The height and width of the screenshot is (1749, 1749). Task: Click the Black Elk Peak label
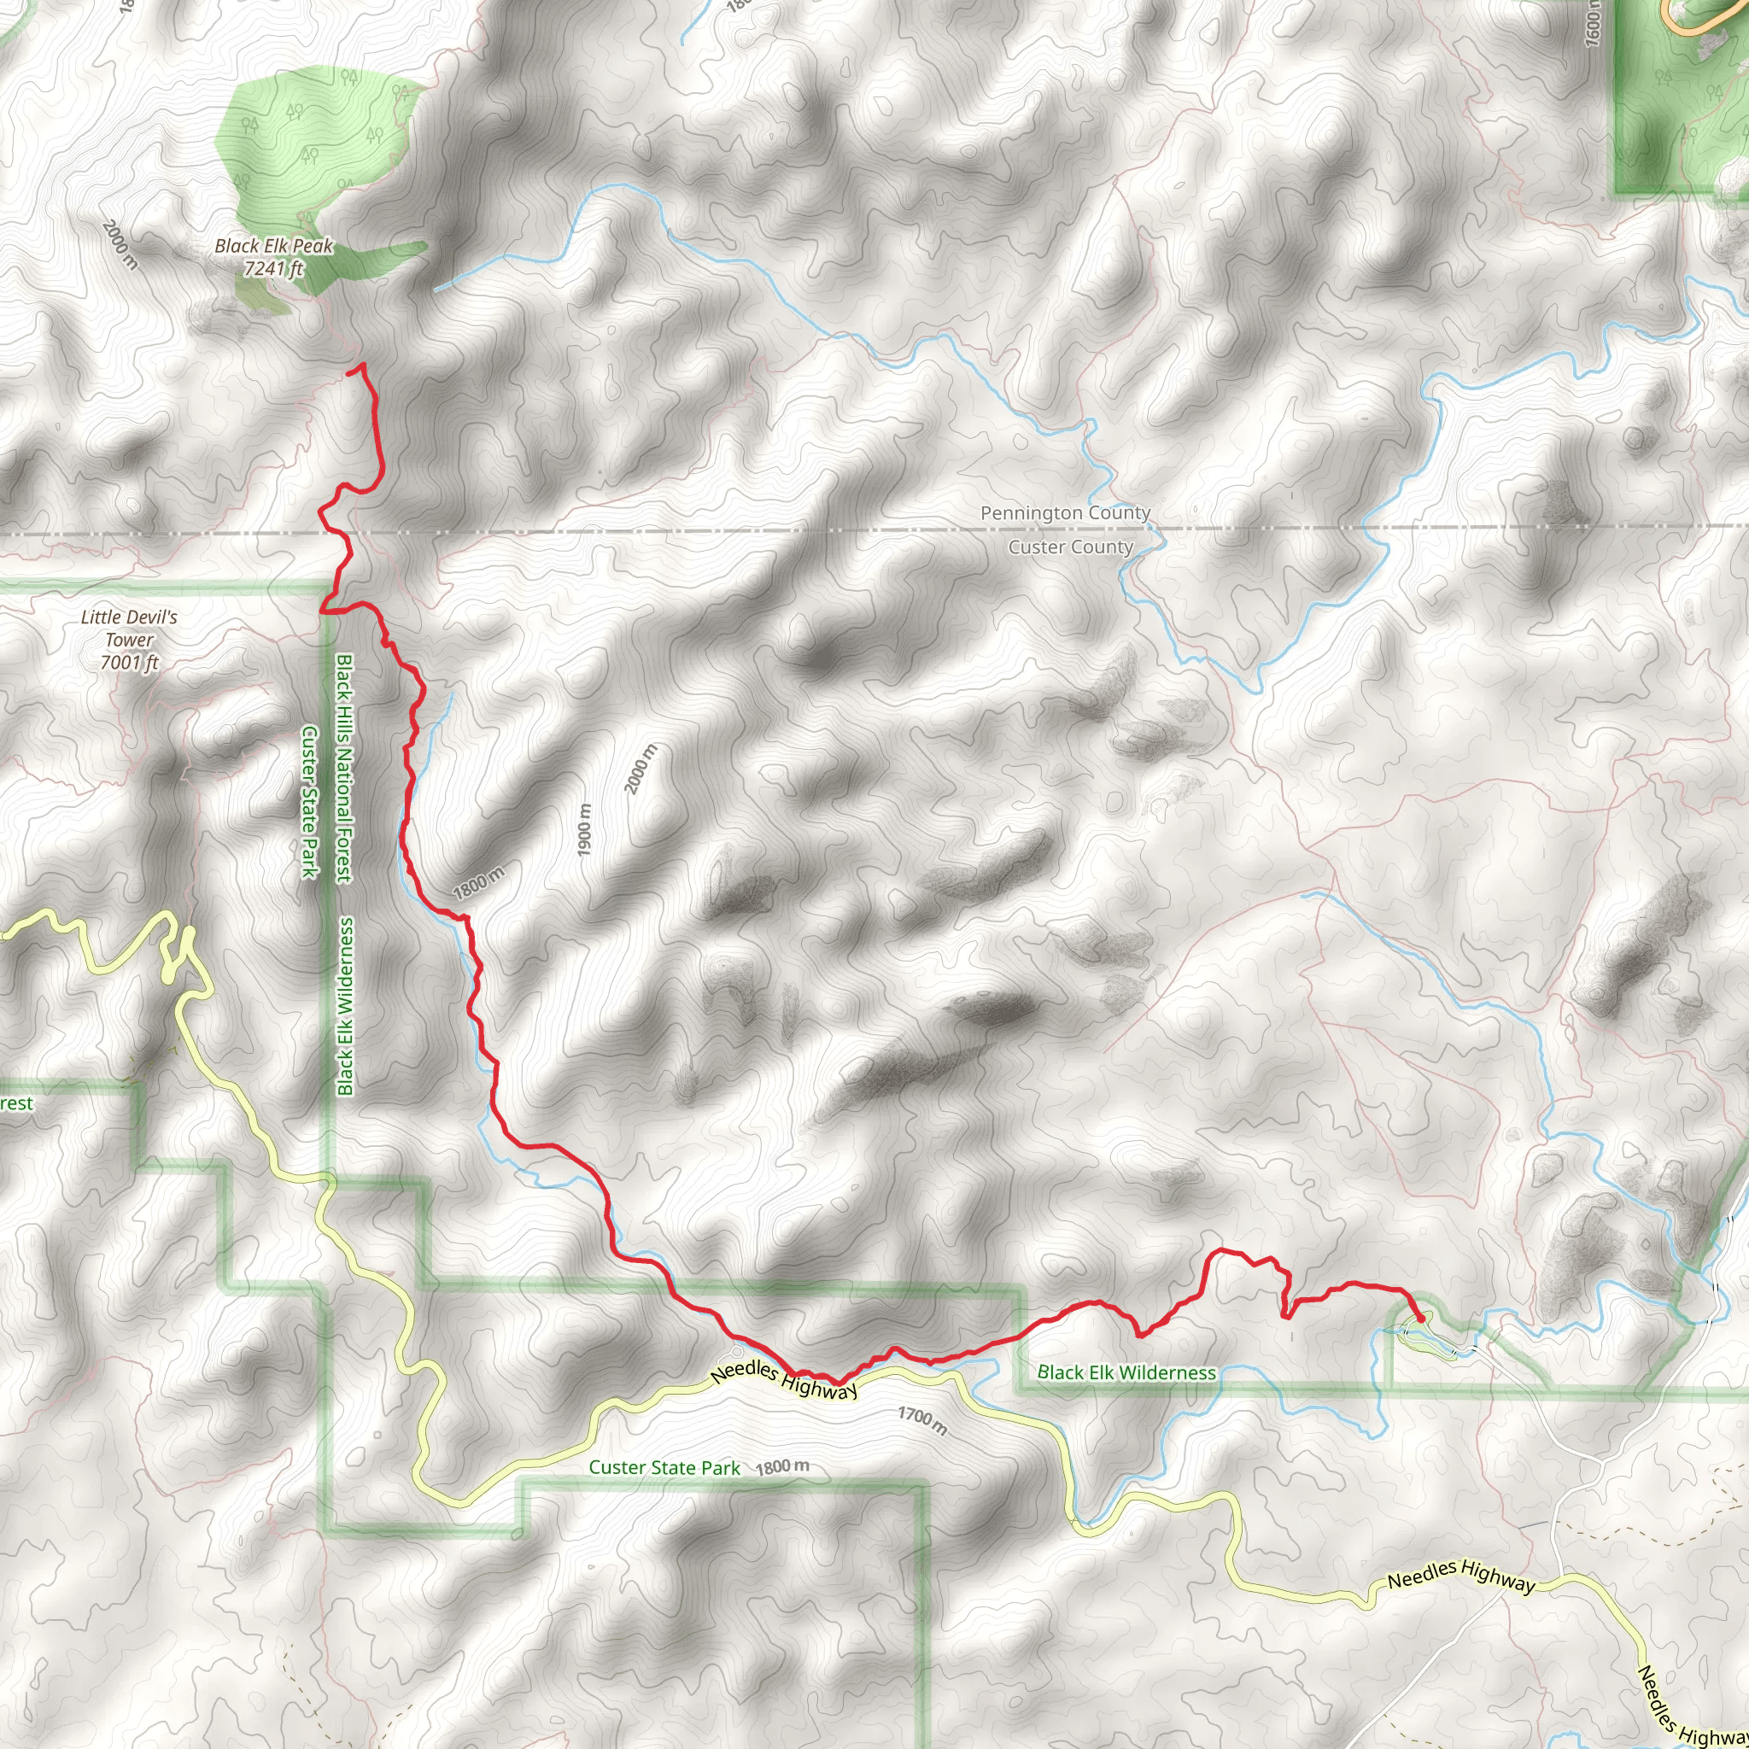273,245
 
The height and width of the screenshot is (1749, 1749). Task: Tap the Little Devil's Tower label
130,629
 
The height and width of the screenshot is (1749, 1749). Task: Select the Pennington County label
1066,513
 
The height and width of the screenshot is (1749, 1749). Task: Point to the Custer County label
1070,547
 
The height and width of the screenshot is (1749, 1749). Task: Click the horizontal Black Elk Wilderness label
1126,1373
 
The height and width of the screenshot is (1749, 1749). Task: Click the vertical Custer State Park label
310,802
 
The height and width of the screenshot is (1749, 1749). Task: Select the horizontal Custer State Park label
664,1467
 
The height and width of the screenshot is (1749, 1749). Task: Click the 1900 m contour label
585,830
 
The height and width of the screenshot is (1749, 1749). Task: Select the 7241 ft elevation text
272,269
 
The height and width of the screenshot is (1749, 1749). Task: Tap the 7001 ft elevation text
131,663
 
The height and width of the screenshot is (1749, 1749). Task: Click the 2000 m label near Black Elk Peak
120,244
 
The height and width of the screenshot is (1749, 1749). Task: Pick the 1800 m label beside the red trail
478,881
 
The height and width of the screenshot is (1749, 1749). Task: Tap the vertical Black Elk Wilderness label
345,1006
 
